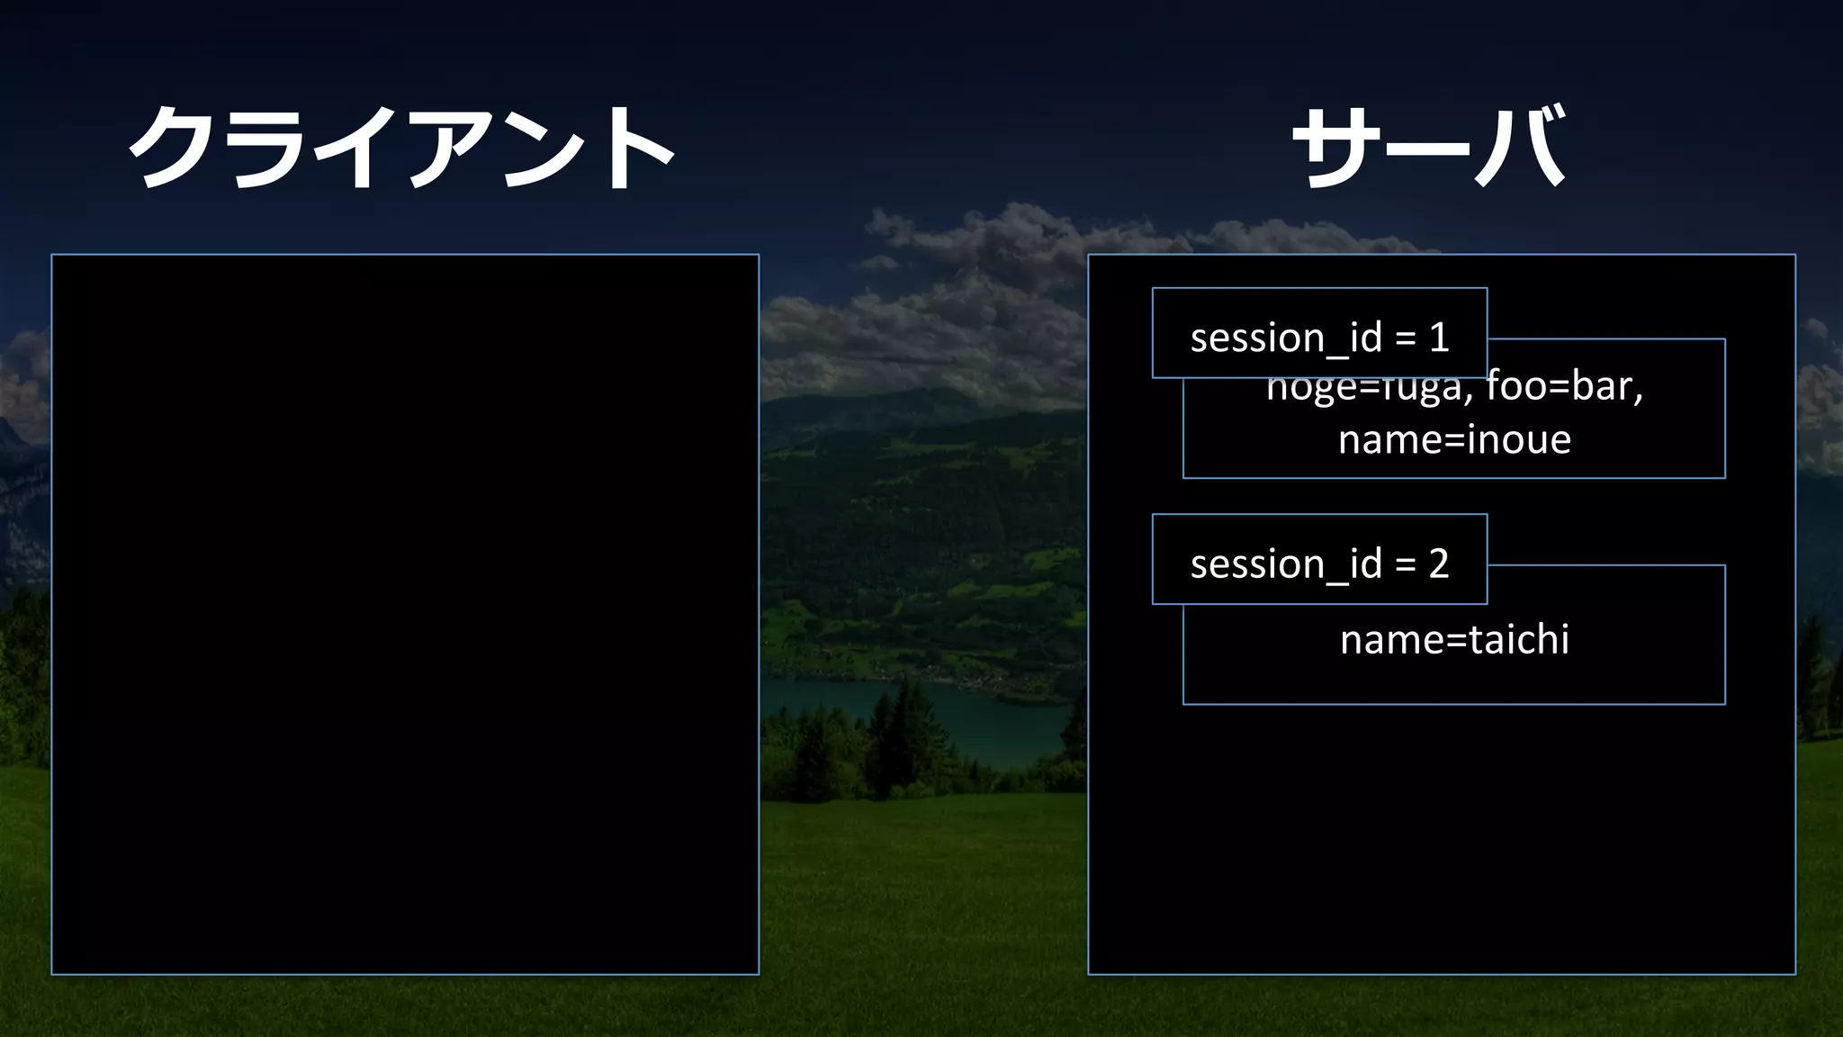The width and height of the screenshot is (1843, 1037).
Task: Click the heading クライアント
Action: coord(402,147)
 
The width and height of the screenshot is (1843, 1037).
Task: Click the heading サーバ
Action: coord(1429,147)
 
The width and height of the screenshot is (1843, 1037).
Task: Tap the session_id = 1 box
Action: coord(1319,334)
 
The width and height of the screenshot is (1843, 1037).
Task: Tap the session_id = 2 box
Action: coord(1319,560)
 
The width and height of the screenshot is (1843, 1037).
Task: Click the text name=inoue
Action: coord(1454,440)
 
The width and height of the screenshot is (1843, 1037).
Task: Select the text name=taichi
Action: coord(1454,640)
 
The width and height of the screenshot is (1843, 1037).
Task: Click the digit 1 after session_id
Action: coord(1438,338)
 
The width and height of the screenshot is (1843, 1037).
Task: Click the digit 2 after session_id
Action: coord(1438,564)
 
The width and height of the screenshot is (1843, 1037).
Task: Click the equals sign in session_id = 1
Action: coord(1405,339)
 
